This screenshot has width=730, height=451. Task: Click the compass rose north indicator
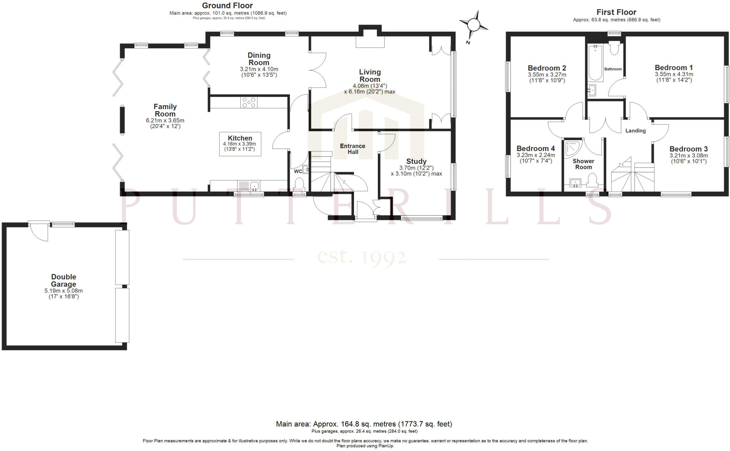pyautogui.click(x=473, y=25)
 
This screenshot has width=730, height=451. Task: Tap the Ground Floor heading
pyautogui.click(x=227, y=5)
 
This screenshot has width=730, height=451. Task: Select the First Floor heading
pyautogui.click(x=616, y=12)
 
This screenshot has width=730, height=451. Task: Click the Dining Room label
pyautogui.click(x=259, y=59)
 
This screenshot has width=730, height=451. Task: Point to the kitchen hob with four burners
pyautogui.click(x=249, y=102)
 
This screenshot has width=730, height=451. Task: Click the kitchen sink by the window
pyautogui.click(x=255, y=186)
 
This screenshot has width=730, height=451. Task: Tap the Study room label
pyautogui.click(x=416, y=161)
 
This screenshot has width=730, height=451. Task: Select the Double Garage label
pyautogui.click(x=63, y=280)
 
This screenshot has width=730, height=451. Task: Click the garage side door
pyautogui.click(x=39, y=231)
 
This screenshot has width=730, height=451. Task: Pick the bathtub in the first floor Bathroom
pyautogui.click(x=595, y=63)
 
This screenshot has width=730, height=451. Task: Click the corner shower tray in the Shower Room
pyautogui.click(x=573, y=149)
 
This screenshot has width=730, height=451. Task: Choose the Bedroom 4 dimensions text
pyautogui.click(x=536, y=158)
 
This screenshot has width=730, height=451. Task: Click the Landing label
pyautogui.click(x=636, y=131)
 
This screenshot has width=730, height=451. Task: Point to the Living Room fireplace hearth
pyautogui.click(x=370, y=42)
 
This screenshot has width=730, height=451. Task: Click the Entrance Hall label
pyautogui.click(x=353, y=149)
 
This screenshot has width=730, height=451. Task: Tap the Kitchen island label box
pyautogui.click(x=240, y=144)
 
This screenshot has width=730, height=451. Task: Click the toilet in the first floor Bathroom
pyautogui.click(x=614, y=49)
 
